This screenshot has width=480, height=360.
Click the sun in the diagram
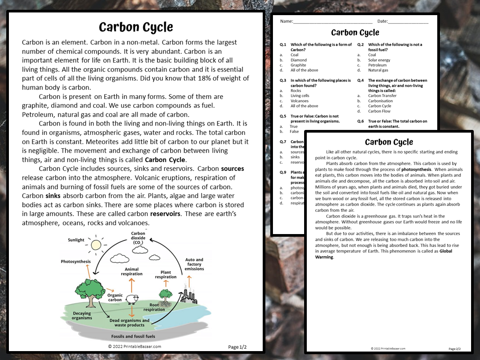[96, 244]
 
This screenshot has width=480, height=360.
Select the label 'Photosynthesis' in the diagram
[76, 262]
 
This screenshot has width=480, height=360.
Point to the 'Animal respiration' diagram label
[132, 271]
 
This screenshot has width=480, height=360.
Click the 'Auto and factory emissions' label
[194, 264]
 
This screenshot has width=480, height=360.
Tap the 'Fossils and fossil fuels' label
[133, 336]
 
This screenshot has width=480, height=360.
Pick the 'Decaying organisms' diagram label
[82, 316]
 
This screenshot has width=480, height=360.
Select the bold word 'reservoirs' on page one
[165, 214]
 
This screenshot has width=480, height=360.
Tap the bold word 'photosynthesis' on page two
[416, 170]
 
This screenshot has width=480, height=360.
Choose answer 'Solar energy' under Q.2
[379, 60]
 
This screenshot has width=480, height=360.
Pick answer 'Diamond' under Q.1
[298, 60]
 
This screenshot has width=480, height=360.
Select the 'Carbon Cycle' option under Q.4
[379, 106]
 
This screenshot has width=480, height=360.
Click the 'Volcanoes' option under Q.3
[299, 101]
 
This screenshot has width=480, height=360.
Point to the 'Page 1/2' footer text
[237, 347]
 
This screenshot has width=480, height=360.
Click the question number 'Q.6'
[360, 121]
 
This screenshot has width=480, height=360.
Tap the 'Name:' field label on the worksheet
[286, 21]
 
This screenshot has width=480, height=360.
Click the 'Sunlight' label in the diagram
[76, 240]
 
